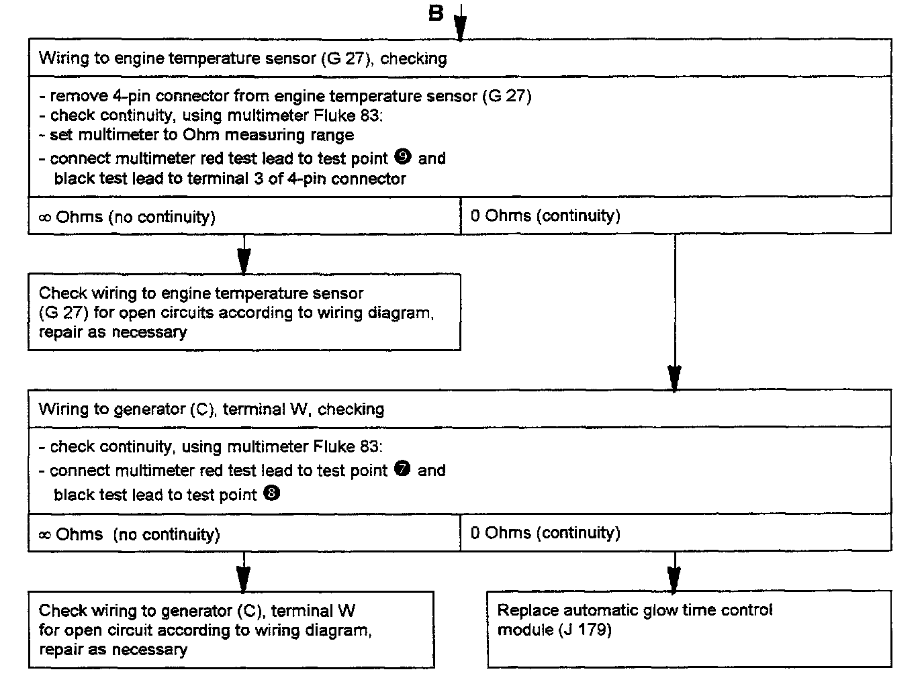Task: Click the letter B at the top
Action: [436, 13]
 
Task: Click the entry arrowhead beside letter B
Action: [460, 28]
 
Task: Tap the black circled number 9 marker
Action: [404, 157]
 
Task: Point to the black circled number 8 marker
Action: [272, 494]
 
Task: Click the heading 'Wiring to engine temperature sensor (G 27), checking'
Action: [242, 58]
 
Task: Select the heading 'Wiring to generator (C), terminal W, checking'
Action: [212, 409]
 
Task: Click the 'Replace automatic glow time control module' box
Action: [689, 629]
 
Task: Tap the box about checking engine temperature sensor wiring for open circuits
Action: [244, 312]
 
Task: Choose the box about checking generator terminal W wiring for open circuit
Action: [231, 630]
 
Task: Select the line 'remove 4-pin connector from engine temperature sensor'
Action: [290, 96]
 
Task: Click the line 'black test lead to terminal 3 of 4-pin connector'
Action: [230, 179]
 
